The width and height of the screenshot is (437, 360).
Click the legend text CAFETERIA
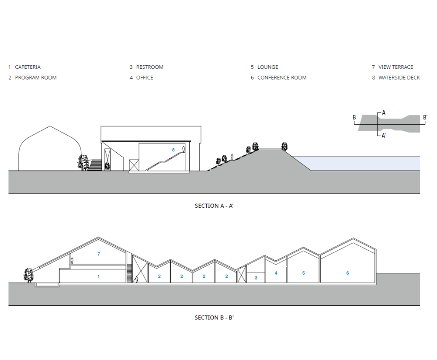click(x=28, y=67)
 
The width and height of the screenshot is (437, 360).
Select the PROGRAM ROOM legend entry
click(x=36, y=77)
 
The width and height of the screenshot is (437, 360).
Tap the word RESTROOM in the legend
click(x=149, y=67)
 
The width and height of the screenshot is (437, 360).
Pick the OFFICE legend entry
click(x=145, y=77)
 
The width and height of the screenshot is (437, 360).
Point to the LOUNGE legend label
click(x=267, y=67)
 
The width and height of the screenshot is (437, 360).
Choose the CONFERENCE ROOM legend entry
click(x=282, y=77)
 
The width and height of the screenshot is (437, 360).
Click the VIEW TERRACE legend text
click(x=395, y=67)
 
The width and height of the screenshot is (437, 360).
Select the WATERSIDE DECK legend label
click(x=399, y=77)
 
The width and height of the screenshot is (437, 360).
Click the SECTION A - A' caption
click(x=214, y=206)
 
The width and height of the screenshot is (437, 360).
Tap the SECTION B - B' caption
click(x=214, y=318)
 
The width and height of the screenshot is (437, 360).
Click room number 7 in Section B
click(x=99, y=254)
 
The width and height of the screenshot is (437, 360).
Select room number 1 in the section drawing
click(x=99, y=276)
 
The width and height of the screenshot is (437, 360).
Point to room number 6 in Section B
click(x=348, y=273)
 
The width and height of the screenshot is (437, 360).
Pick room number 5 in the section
click(x=303, y=273)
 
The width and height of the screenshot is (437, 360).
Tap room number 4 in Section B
click(x=276, y=273)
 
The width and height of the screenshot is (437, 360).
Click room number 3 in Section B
click(x=256, y=278)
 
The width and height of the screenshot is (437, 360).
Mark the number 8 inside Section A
click(x=173, y=150)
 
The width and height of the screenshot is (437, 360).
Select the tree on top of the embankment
click(x=284, y=146)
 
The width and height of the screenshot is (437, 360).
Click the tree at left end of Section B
click(x=29, y=275)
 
